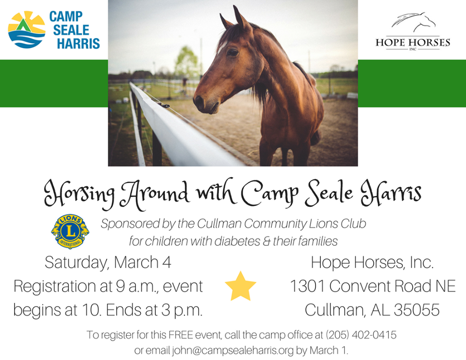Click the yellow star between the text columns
pos(240,286)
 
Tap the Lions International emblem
pos(70,231)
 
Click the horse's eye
pos(233,52)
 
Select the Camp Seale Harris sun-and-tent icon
pos(26,30)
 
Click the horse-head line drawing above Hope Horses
pos(414,22)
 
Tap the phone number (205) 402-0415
pos(361,335)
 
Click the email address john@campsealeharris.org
pos(233,350)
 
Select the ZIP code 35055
pos(416,310)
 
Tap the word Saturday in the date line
pos(76,263)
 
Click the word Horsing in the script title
pos(79,193)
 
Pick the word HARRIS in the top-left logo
pos(79,43)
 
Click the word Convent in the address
pos(359,286)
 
